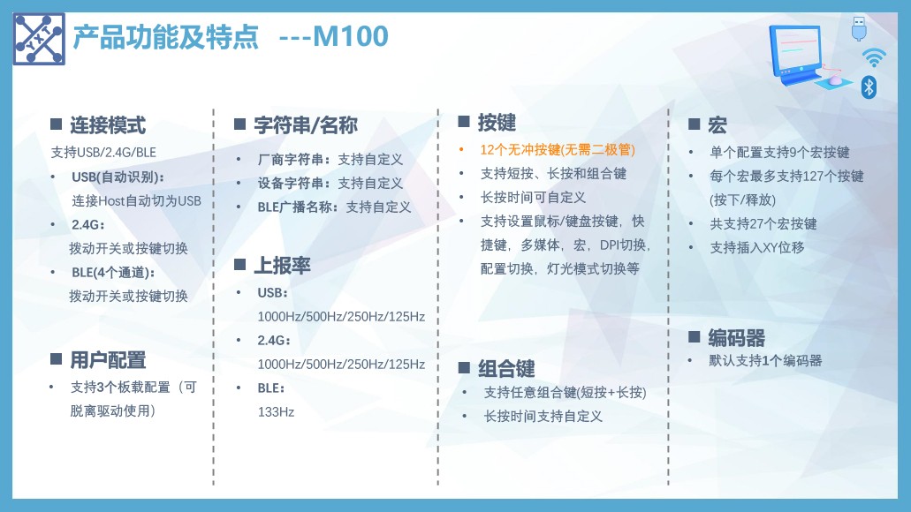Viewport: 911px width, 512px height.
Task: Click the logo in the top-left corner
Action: pyautogui.click(x=39, y=39)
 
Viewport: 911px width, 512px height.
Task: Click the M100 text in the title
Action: pyautogui.click(x=350, y=36)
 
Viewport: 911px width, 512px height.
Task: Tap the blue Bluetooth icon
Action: pyautogui.click(x=869, y=87)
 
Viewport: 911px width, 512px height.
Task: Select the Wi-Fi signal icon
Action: pyautogui.click(x=874, y=57)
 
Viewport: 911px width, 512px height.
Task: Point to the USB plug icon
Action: pyautogui.click(x=859, y=28)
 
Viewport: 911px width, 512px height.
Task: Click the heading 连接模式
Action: pyautogui.click(x=108, y=124)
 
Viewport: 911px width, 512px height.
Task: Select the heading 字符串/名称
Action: pyautogui.click(x=306, y=124)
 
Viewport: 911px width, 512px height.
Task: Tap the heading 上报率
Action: pyautogui.click(x=282, y=266)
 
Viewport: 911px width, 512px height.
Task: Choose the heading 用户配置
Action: pyautogui.click(x=108, y=360)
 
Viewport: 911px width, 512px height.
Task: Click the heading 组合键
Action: pyautogui.click(x=506, y=368)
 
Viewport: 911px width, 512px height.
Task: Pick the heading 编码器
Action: pyautogui.click(x=736, y=337)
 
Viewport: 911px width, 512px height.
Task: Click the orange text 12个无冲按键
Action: pyautogui.click(x=520, y=150)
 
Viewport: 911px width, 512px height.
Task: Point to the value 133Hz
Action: pyautogui.click(x=276, y=411)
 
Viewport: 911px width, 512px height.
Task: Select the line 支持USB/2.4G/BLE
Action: pyautogui.click(x=103, y=152)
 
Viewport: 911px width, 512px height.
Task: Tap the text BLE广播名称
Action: pyautogui.click(x=294, y=207)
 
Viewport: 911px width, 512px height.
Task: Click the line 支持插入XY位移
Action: pyautogui.click(x=757, y=247)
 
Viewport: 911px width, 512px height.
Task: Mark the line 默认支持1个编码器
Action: pyautogui.click(x=765, y=360)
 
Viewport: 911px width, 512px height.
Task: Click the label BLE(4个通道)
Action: pyautogui.click(x=113, y=272)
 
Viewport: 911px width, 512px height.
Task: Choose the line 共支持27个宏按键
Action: pyautogui.click(x=763, y=223)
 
